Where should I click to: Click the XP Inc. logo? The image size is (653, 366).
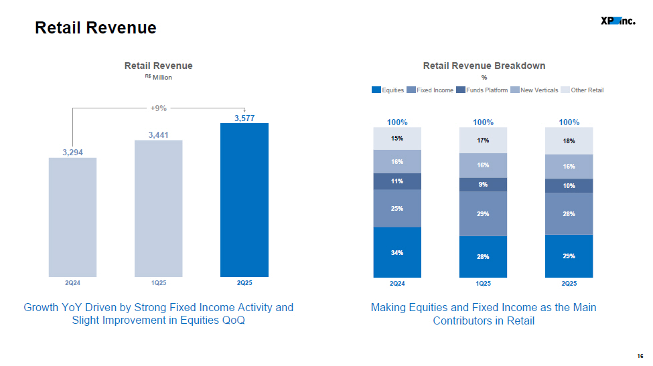tap(618, 21)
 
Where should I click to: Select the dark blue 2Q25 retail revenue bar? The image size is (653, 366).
tap(244, 200)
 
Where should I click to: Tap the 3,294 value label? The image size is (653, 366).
tap(72, 153)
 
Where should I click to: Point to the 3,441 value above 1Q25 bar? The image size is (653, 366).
tap(158, 134)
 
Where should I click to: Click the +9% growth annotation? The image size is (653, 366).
tap(158, 108)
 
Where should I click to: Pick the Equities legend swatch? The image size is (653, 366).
tap(376, 90)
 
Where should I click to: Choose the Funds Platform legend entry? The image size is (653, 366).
tap(482, 90)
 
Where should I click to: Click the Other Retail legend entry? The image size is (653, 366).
tap(582, 90)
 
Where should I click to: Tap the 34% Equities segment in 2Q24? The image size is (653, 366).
tap(397, 252)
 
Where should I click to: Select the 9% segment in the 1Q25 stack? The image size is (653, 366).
tap(483, 185)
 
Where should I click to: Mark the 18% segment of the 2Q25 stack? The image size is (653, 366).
tap(569, 141)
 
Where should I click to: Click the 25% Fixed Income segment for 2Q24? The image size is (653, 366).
tap(397, 208)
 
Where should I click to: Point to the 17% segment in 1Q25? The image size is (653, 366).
tap(483, 140)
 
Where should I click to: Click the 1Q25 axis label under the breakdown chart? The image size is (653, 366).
tap(483, 283)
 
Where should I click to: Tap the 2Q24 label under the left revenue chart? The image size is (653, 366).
tap(72, 283)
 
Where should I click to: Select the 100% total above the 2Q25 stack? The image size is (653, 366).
tap(569, 122)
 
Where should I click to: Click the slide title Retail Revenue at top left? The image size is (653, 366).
tap(96, 28)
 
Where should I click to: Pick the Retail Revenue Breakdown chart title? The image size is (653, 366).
tap(484, 66)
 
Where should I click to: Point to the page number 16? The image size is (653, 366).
tap(640, 356)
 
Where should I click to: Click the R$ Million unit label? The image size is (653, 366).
tap(158, 78)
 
